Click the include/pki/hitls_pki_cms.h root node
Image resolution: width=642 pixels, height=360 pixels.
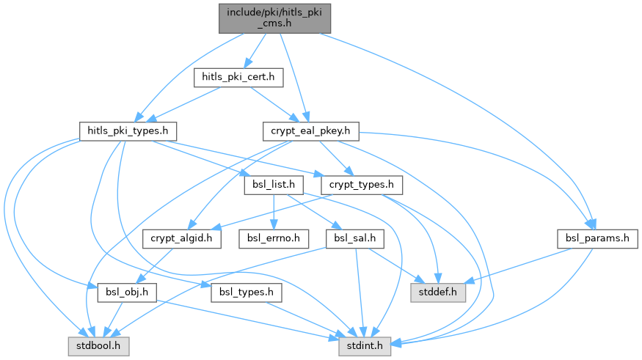coord(275,17)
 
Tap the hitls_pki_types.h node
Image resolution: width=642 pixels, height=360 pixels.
coord(128,131)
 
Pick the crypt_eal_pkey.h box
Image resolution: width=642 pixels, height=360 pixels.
coord(310,131)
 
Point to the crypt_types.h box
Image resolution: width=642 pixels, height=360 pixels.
coord(362,183)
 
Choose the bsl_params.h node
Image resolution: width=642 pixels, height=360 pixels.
coord(597,238)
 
